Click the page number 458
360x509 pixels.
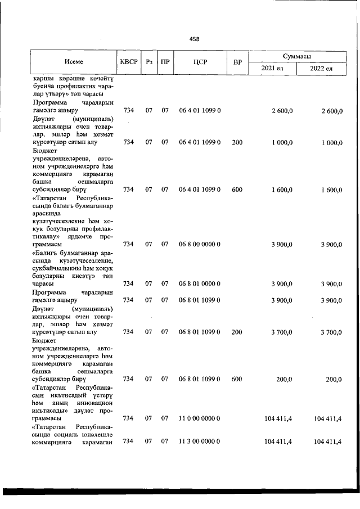tap(194, 39)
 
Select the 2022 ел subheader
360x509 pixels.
tap(322, 69)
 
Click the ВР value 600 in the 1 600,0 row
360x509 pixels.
tap(237, 190)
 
